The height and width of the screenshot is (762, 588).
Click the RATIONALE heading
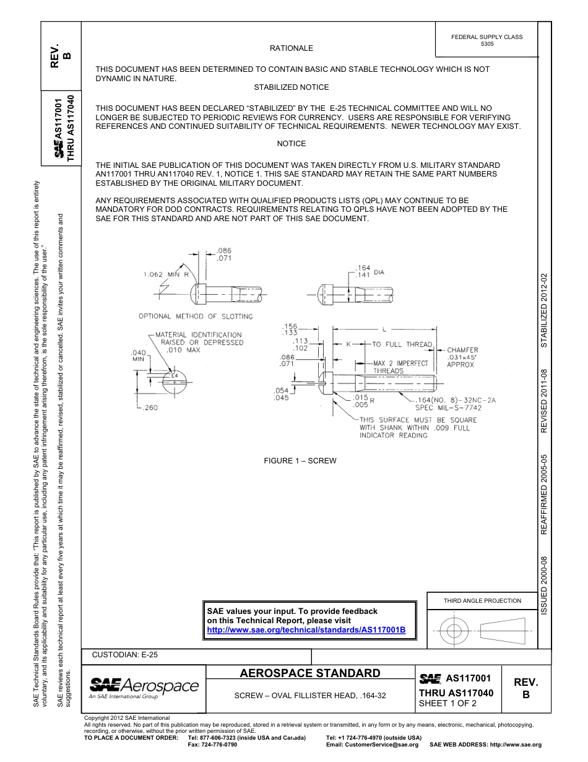[x=291, y=48]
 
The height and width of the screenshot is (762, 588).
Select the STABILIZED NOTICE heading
[x=291, y=87]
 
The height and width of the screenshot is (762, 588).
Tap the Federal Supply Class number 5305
[x=487, y=45]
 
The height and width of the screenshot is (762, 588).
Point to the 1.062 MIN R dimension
[x=166, y=273]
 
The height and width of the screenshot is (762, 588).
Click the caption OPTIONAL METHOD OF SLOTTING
[x=196, y=317]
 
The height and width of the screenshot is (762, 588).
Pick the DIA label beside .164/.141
[x=379, y=272]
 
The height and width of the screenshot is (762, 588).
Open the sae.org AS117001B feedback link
[x=306, y=630]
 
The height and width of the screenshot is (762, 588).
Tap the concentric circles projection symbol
[x=454, y=631]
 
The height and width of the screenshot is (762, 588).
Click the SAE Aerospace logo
[x=144, y=686]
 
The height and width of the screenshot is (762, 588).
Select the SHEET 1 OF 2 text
[x=447, y=703]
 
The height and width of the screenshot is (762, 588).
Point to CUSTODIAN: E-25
[x=125, y=654]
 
